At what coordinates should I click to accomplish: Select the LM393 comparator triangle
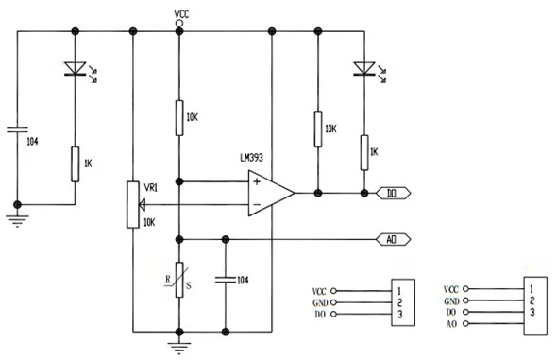(270, 193)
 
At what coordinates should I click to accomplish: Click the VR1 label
(151, 187)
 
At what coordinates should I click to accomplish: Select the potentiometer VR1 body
(132, 203)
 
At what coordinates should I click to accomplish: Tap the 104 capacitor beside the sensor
(225, 279)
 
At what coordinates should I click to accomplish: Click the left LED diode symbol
(75, 68)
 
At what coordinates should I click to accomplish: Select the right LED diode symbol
(363, 68)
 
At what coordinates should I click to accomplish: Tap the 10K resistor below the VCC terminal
(179, 117)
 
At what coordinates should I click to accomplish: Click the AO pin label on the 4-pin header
(451, 324)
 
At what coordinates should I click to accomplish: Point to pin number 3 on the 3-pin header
(400, 314)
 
